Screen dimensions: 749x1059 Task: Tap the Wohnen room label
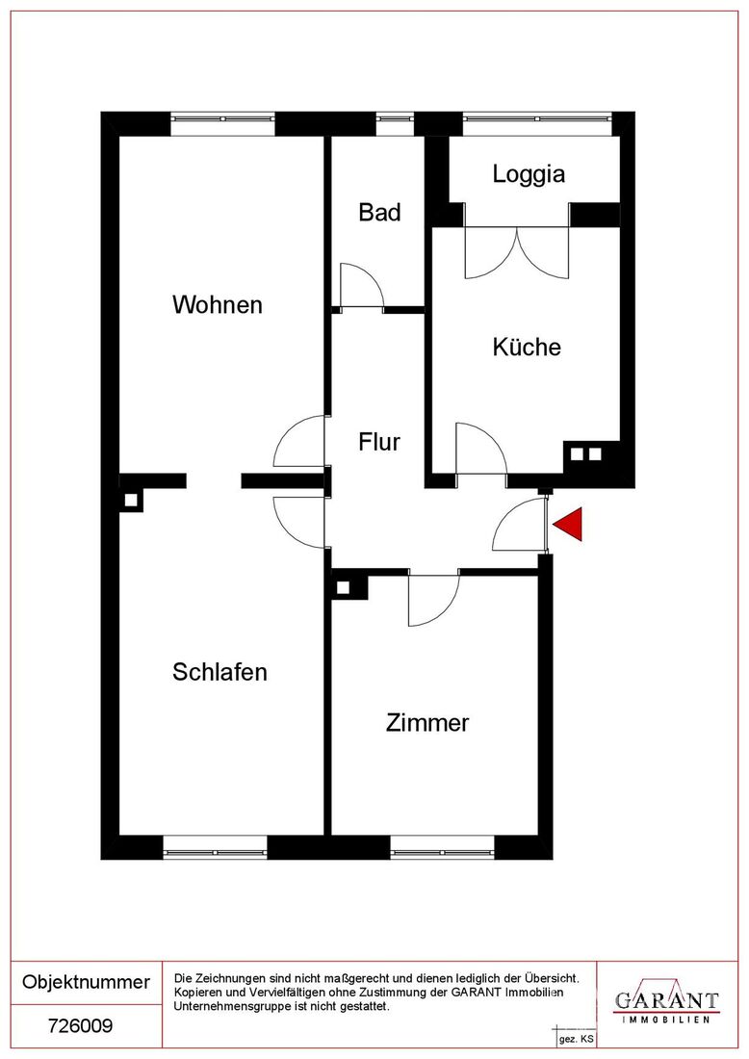tap(218, 304)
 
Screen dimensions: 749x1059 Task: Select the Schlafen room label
tap(220, 672)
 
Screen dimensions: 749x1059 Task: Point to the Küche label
tap(527, 347)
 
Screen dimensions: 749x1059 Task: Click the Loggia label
tap(529, 174)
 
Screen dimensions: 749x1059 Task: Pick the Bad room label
tap(379, 212)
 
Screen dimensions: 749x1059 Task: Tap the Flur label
tap(379, 442)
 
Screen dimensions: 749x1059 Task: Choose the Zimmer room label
tap(427, 723)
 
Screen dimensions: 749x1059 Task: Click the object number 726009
tap(80, 1026)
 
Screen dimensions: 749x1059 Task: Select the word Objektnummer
tap(86, 981)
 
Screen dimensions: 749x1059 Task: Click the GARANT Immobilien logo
tap(666, 1003)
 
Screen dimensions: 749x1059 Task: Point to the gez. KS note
tap(577, 1039)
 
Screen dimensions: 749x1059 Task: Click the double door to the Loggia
tap(517, 252)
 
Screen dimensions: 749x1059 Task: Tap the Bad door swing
tap(362, 286)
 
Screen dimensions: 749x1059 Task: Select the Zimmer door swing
tap(434, 599)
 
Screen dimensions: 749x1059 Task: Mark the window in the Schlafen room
tap(216, 848)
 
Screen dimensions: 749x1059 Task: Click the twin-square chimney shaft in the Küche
tap(585, 453)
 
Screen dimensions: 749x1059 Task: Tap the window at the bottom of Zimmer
tap(443, 848)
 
